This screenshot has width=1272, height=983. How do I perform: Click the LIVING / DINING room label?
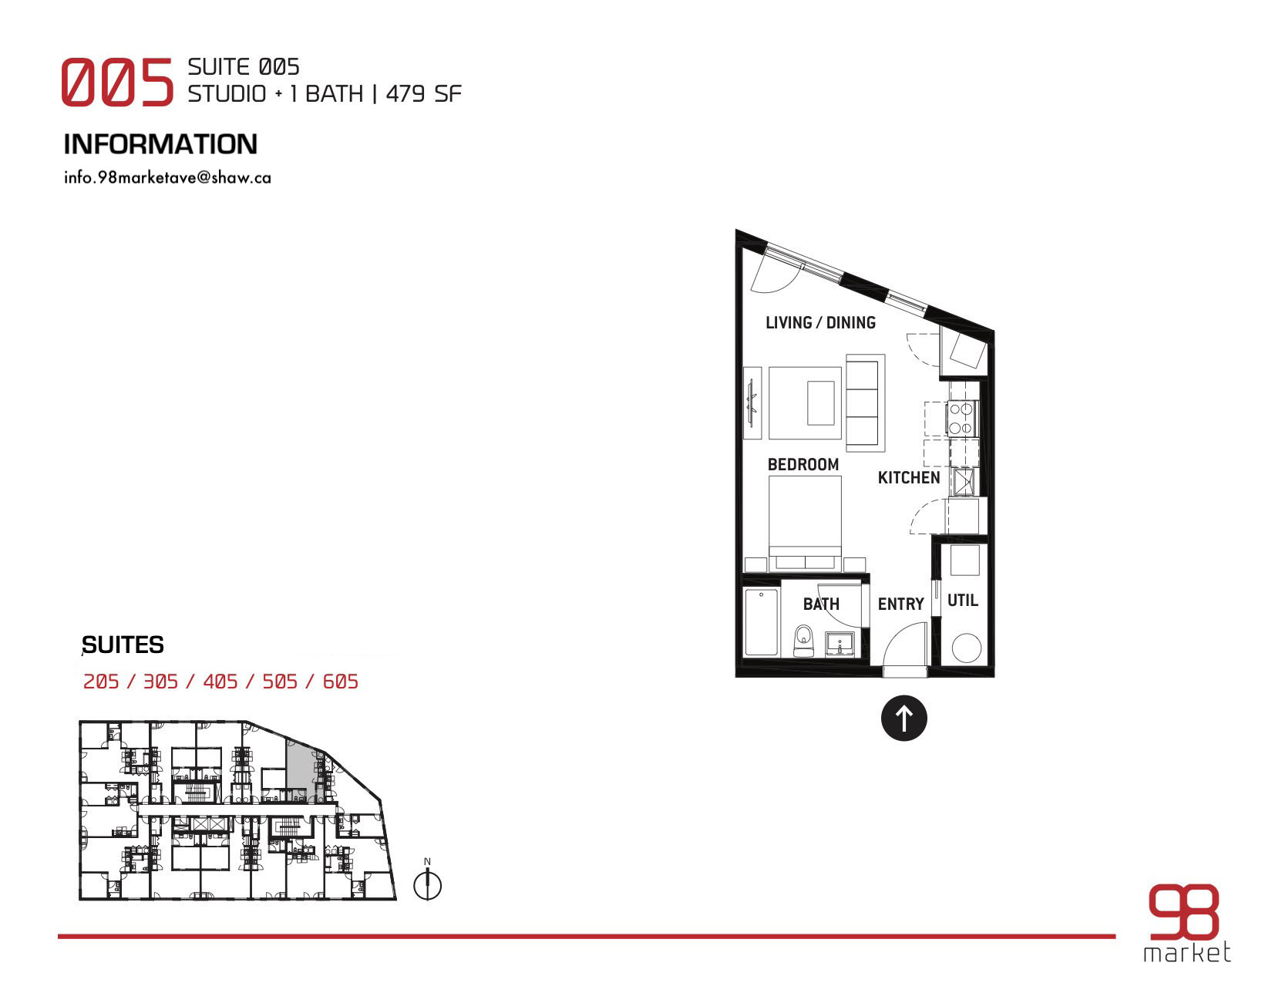coord(820,322)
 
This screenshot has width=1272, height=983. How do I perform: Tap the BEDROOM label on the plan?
coord(803,464)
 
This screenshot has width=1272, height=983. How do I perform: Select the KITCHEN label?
coord(908,478)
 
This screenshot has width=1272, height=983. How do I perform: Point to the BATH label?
coord(821,604)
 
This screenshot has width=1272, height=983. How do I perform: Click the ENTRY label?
coord(900,604)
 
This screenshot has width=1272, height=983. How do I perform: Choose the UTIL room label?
coord(962,600)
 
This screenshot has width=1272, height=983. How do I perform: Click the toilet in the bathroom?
coord(804,641)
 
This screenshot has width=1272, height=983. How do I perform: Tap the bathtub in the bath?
coord(761,621)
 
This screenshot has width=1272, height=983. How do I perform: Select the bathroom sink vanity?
coord(840,644)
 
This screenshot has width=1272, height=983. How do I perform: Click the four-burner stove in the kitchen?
coord(961,419)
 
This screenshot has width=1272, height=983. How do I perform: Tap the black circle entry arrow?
coord(904,718)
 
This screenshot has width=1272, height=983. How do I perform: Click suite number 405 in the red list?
coord(220,682)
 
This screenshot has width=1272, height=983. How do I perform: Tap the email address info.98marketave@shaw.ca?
coord(167,177)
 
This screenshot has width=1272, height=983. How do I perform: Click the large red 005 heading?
coord(117,82)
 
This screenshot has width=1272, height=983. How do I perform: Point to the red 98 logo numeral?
coord(1183,911)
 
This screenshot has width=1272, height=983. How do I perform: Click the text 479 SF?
coord(424,94)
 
